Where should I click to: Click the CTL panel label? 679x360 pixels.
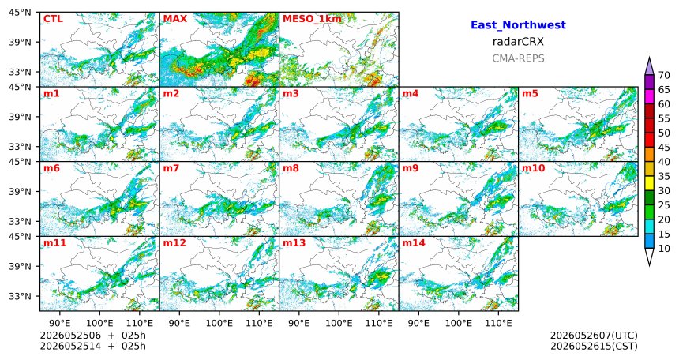(53, 19)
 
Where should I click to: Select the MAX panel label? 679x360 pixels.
(175, 19)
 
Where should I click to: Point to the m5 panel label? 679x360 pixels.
(530, 94)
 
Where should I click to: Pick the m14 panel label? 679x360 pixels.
(414, 243)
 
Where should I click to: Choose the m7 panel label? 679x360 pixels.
(171, 168)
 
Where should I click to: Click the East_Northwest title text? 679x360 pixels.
(518, 25)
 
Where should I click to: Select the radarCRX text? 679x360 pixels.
(518, 42)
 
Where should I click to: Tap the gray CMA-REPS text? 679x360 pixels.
(518, 58)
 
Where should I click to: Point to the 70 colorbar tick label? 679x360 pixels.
(664, 75)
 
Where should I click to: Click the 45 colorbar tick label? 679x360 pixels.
(664, 148)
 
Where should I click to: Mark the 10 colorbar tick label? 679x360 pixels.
(664, 248)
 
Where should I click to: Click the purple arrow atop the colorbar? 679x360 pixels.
(649, 67)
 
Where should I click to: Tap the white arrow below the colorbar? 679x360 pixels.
(649, 256)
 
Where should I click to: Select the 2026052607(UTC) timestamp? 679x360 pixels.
(594, 336)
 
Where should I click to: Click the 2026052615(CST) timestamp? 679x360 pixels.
(594, 346)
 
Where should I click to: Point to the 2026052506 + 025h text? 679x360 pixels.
(93, 336)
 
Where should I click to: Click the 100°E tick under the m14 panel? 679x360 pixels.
(459, 323)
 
